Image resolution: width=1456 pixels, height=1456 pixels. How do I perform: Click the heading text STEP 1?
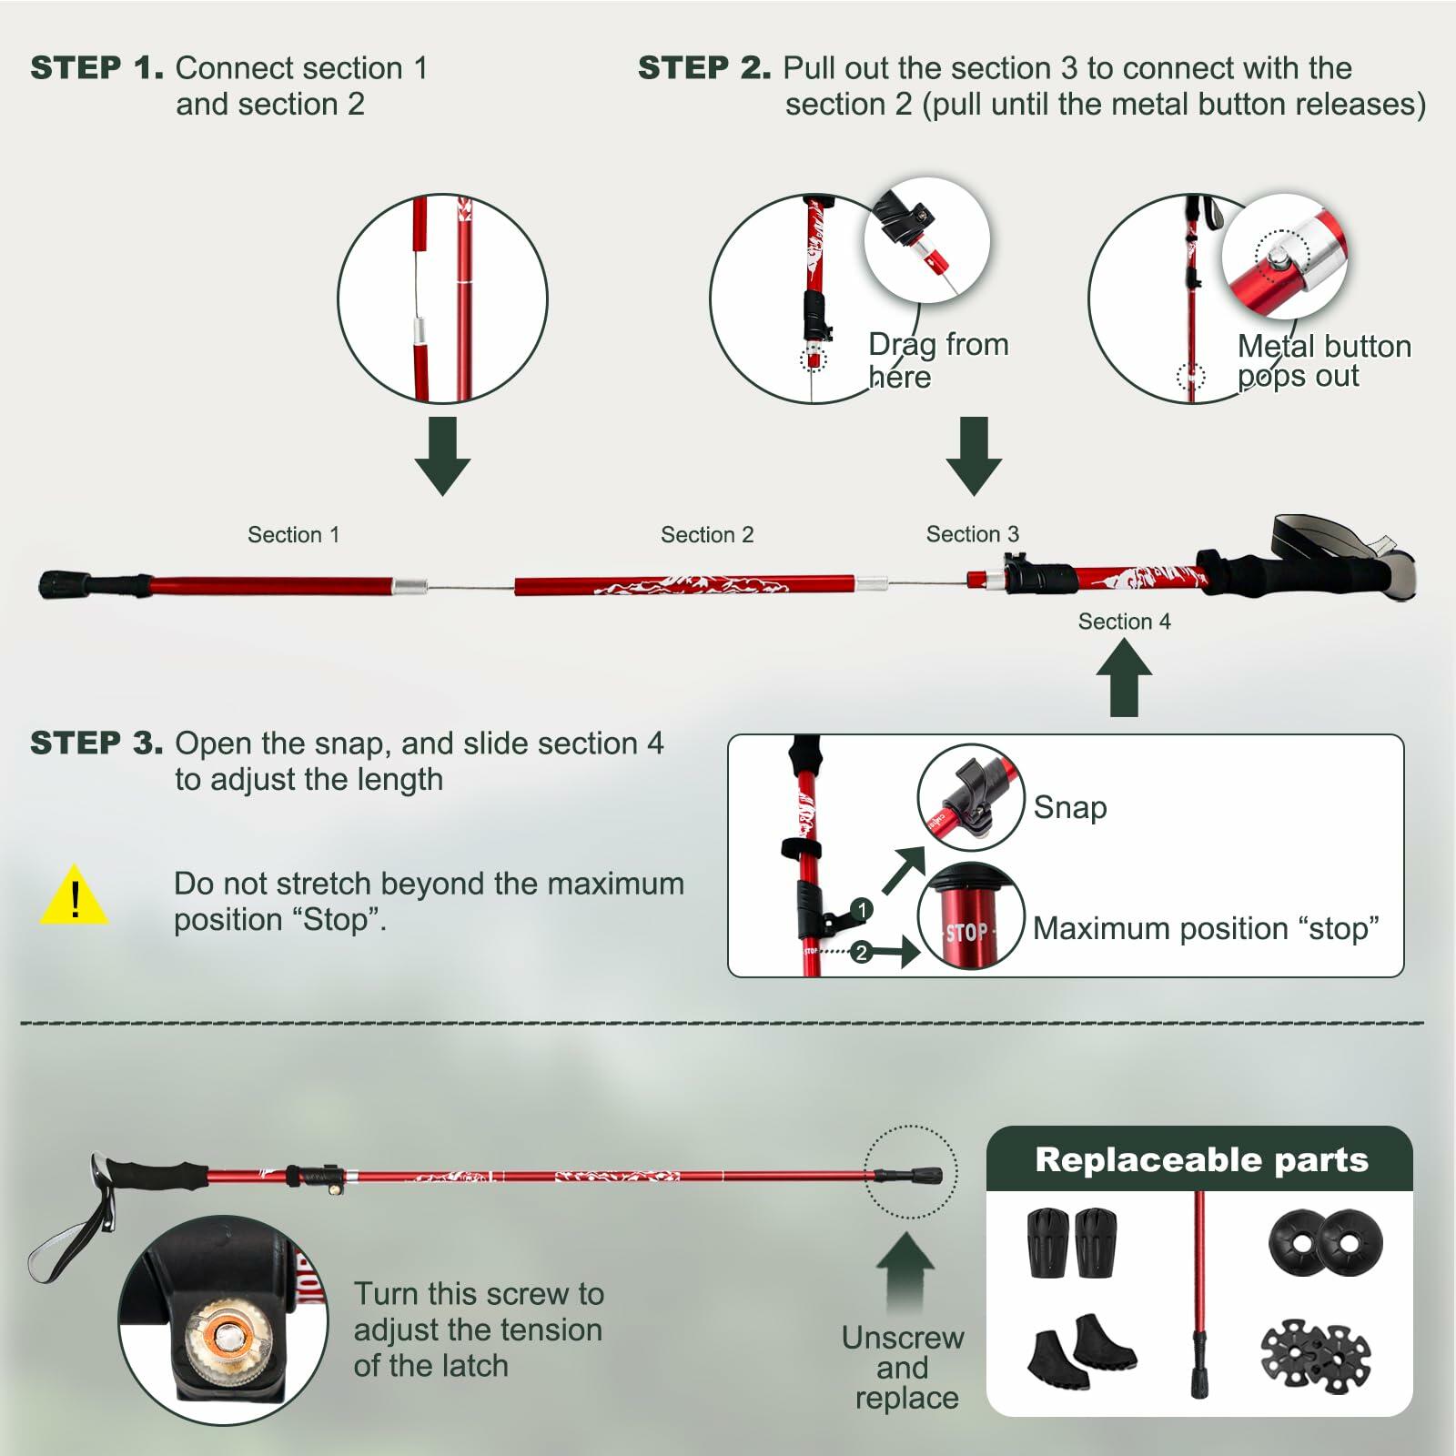click(96, 68)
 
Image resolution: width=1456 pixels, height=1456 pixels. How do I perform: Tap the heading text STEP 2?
click(703, 68)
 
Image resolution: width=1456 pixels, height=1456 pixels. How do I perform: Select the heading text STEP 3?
click(96, 743)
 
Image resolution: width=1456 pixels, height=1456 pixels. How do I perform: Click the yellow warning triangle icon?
click(75, 897)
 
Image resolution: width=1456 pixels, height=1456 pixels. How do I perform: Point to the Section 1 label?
click(293, 535)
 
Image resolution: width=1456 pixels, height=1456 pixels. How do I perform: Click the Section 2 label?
click(707, 535)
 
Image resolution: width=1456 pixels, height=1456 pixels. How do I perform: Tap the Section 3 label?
click(972, 534)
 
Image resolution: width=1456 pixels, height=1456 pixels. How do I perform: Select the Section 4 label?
click(1124, 622)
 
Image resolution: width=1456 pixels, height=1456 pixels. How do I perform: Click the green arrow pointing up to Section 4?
click(1124, 677)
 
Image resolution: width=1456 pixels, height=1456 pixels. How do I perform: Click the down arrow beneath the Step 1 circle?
click(442, 455)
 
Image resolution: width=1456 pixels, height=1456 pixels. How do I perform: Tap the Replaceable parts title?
click(1201, 1160)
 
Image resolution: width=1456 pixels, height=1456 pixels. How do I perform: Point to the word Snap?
click(1070, 807)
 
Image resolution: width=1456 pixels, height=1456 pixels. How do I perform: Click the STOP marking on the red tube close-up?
click(966, 932)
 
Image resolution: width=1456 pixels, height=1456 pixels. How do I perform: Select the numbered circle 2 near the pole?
click(861, 953)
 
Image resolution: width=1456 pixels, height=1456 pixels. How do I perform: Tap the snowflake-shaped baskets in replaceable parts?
click(1315, 1357)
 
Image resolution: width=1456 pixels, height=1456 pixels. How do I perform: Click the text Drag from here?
click(937, 360)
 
